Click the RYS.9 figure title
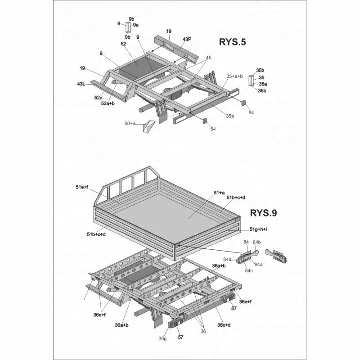[263, 213]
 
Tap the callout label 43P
[187, 39]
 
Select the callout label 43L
[81, 84]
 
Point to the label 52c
[99, 98]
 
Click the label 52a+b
[108, 103]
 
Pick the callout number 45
[208, 58]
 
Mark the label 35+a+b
[235, 76]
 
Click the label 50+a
[130, 123]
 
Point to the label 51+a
[219, 192]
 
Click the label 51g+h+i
[258, 229]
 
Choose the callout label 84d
[229, 259]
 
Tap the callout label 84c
[249, 270]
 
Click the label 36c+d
[224, 325]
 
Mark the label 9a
[135, 25]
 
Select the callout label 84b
[256, 243]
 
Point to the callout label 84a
[259, 264]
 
